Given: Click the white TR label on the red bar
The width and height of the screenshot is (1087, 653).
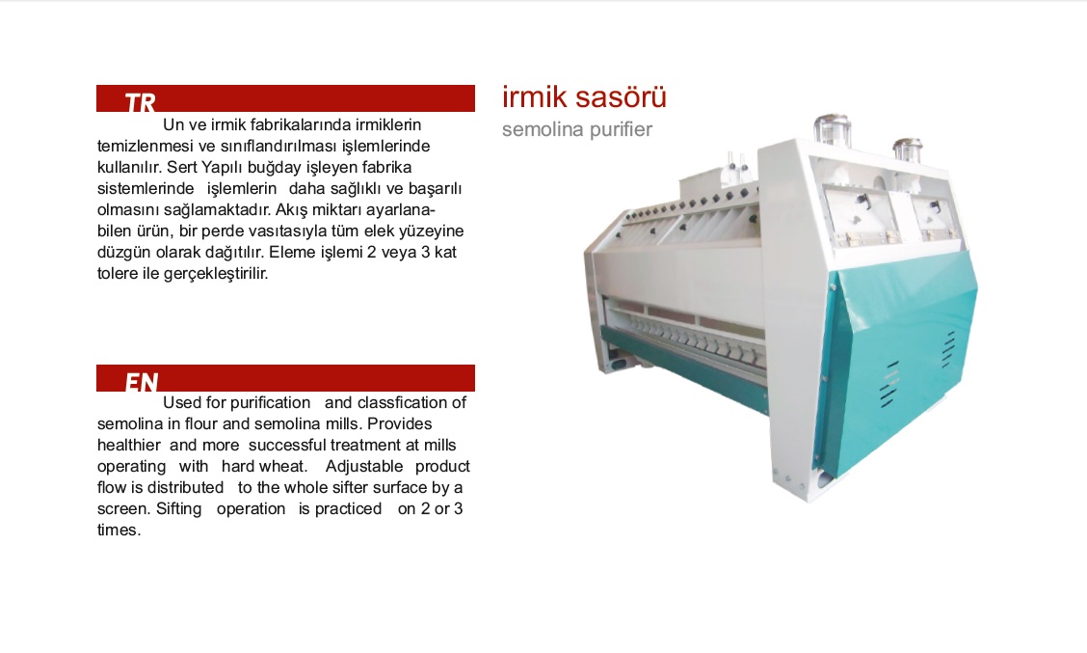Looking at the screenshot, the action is [x=140, y=102].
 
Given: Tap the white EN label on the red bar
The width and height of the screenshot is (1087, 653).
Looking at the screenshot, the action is [x=142, y=382].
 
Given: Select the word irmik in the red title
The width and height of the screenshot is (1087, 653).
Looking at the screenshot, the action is [x=535, y=97].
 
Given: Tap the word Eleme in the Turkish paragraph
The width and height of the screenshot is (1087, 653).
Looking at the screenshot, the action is [x=292, y=252].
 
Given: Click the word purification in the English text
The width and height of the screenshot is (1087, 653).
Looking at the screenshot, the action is [x=270, y=403].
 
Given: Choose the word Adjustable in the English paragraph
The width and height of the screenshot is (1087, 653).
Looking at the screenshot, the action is [x=364, y=466].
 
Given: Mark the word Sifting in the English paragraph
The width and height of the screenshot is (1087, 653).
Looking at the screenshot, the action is [x=179, y=508].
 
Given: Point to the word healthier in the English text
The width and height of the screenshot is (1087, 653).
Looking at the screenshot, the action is [x=128, y=445].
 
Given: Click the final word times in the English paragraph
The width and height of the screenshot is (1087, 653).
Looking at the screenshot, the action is [x=119, y=531].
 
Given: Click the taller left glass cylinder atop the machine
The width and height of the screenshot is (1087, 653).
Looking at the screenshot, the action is [x=832, y=130].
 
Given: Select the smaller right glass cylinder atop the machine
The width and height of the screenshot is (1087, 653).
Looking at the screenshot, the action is [x=908, y=150].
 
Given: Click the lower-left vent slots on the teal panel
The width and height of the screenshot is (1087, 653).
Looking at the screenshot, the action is [x=889, y=384].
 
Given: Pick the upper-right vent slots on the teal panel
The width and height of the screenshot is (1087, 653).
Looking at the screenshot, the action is [x=947, y=349].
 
